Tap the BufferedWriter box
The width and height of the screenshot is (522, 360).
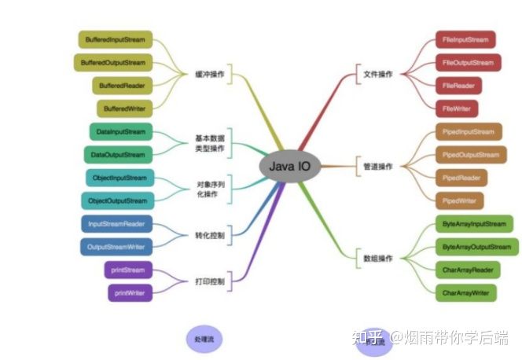[124, 108]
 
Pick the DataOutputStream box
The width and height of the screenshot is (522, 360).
[118, 155]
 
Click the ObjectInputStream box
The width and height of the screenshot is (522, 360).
[119, 178]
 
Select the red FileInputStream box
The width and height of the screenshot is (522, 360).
[466, 40]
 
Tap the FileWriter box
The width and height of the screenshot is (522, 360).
[454, 108]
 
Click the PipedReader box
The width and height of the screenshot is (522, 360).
[460, 178]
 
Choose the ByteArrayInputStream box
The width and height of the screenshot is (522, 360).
[475, 224]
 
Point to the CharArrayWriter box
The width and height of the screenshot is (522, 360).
[466, 293]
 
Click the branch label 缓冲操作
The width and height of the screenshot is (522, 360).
[210, 75]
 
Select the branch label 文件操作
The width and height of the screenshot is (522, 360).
[377, 75]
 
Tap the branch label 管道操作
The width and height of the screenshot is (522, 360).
[378, 167]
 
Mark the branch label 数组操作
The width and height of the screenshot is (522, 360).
[378, 259]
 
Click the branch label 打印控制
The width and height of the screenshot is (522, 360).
[210, 281]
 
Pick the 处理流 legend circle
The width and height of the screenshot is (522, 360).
[204, 340]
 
